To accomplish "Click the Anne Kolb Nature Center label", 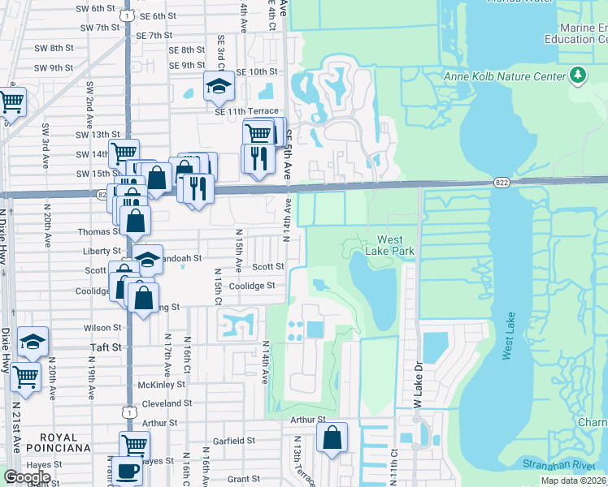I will tap(504, 76).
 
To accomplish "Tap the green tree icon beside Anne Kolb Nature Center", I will tap(578, 76).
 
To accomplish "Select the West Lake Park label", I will tap(396, 245).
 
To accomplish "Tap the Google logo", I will tap(27, 477).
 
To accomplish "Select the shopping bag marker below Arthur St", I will tap(332, 437).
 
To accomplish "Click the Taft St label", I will tap(105, 346).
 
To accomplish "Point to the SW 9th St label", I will tap(53, 67).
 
